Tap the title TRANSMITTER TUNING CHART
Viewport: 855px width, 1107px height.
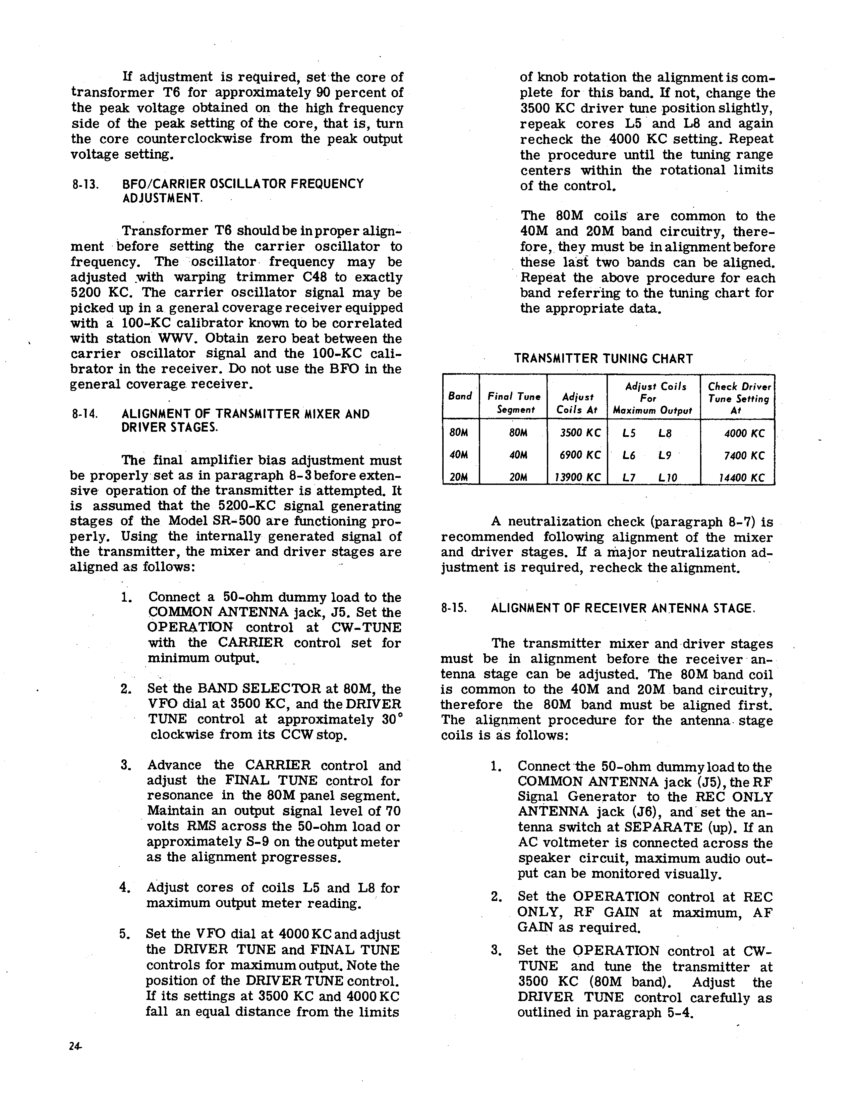point(603,359)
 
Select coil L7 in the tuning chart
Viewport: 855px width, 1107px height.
point(629,477)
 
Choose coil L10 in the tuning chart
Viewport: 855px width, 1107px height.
point(668,477)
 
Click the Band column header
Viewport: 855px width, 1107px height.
point(460,396)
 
